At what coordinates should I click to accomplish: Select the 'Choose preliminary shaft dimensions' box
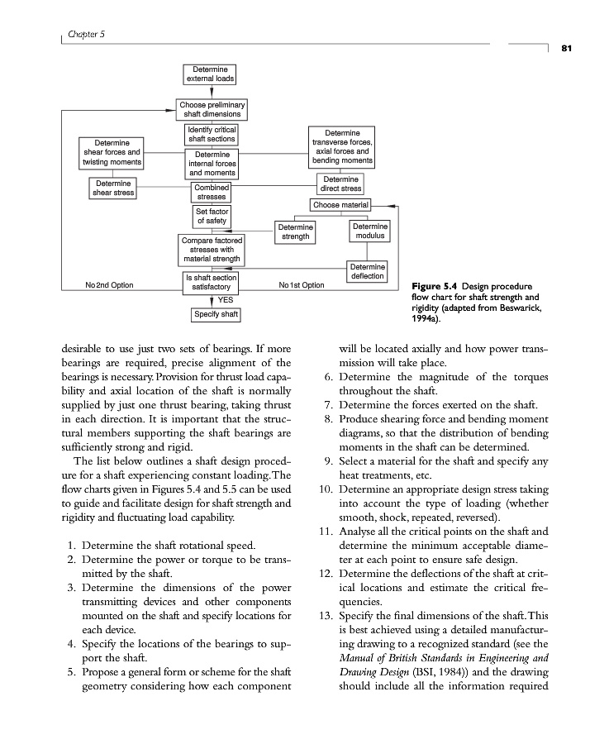point(212,109)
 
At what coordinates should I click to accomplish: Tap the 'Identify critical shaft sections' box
point(212,134)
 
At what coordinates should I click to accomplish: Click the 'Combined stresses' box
point(212,193)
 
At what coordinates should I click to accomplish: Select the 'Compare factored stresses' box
point(212,249)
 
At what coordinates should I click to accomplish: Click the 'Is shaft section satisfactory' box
point(212,281)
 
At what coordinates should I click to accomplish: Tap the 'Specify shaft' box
point(216,314)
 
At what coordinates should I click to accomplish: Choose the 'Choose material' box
point(341,204)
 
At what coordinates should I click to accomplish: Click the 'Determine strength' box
point(295,231)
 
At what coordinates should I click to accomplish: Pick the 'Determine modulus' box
point(369,231)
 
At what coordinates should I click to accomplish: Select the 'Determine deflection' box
point(367,271)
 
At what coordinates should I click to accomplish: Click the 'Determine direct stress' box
point(340,184)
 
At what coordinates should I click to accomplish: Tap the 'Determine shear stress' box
point(112,188)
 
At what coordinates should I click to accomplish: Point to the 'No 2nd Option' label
point(109,285)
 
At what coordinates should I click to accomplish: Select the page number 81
point(567,47)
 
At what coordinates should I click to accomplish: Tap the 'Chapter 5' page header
point(86,33)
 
